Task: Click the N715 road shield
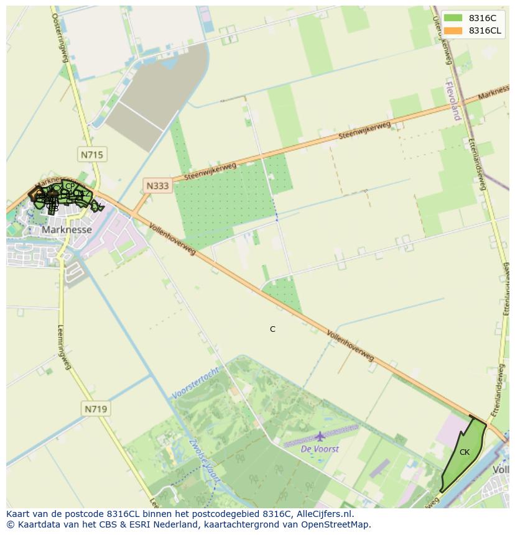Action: point(91,154)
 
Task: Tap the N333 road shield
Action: point(157,185)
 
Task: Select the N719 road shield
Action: point(95,409)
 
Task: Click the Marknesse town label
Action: point(67,229)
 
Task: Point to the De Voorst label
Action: point(320,449)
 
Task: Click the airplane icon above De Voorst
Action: point(320,437)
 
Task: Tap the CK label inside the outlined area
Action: point(465,452)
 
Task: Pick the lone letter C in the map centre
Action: point(272,329)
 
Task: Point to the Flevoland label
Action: point(453,99)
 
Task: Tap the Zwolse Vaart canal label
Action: point(203,460)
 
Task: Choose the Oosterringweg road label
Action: point(59,37)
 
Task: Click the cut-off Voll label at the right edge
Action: point(501,470)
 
